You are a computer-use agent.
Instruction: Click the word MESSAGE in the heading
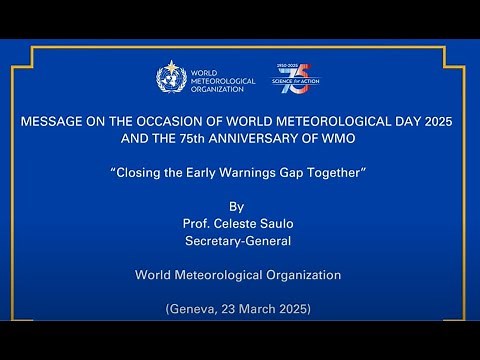(51, 122)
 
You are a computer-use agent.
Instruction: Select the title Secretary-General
(238, 242)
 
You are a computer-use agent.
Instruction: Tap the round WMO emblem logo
(170, 78)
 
